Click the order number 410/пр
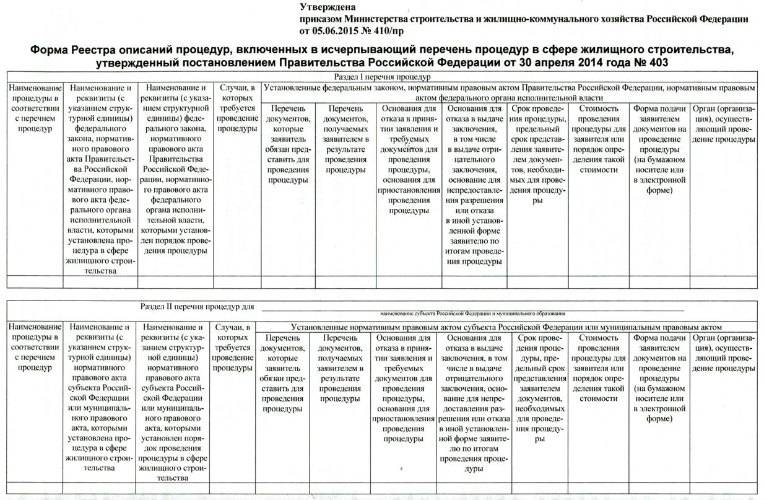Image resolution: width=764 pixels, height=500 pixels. tap(391, 30)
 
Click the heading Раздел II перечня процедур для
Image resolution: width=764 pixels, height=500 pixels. tap(197, 306)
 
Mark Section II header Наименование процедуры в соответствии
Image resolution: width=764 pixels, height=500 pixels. tap(34, 347)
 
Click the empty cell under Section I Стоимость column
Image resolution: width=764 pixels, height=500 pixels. tap(598, 281)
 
